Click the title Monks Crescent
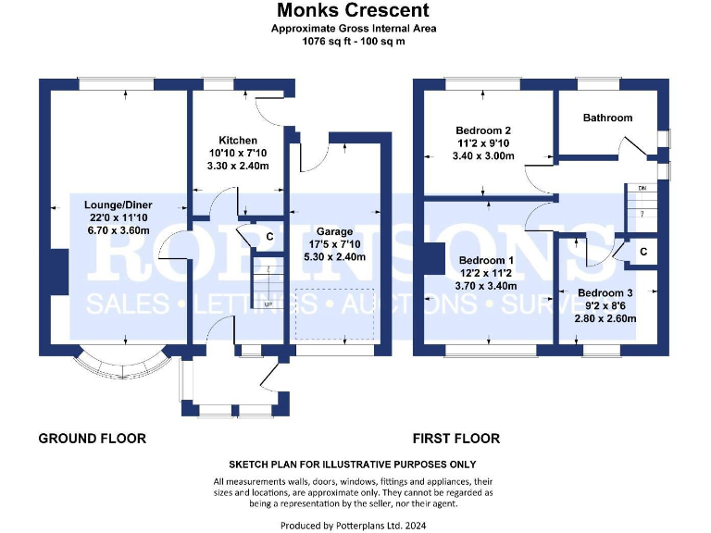[x=354, y=11]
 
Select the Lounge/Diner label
[x=118, y=205]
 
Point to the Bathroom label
[x=607, y=118]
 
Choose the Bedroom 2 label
[x=483, y=130]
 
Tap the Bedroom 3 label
[x=606, y=293]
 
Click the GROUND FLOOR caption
[x=92, y=439]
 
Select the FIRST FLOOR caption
[x=456, y=439]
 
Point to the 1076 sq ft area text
[x=354, y=42]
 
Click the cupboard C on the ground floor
[x=269, y=237]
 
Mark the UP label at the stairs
[x=268, y=304]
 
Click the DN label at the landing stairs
[x=640, y=189]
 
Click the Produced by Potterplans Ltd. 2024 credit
[x=354, y=525]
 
